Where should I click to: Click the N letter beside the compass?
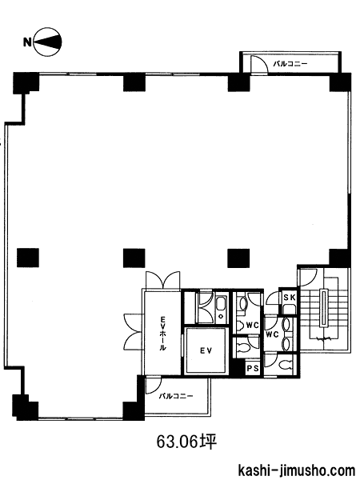(27, 42)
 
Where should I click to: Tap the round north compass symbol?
(47, 42)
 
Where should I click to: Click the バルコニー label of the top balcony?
(290, 64)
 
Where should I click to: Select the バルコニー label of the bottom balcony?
(176, 396)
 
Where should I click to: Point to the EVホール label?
(162, 333)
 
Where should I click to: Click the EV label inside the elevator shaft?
(206, 351)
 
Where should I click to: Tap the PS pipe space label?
(253, 368)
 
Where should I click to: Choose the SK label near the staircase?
(290, 297)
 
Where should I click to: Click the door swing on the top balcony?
(259, 65)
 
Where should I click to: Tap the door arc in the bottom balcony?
(154, 386)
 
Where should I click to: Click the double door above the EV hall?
(162, 280)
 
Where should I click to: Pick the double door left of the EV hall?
(134, 331)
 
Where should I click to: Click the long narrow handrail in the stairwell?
(323, 308)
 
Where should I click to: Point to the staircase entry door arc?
(306, 278)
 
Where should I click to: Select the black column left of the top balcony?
(238, 82)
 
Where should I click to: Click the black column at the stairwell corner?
(340, 258)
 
